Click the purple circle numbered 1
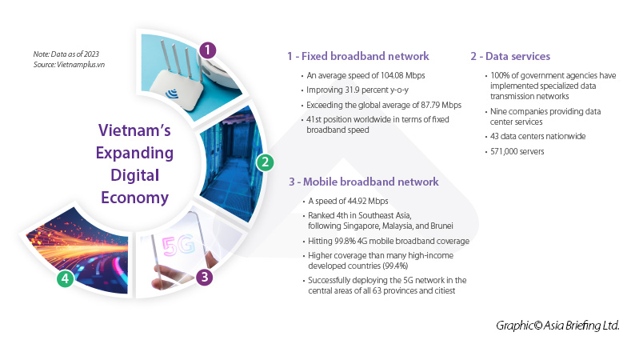point(207,50)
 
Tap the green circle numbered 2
point(263,162)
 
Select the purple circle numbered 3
point(206,278)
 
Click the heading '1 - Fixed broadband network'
point(358,57)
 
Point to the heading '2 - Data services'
point(509,57)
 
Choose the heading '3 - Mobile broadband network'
point(364,182)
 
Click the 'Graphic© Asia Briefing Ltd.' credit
point(557,326)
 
